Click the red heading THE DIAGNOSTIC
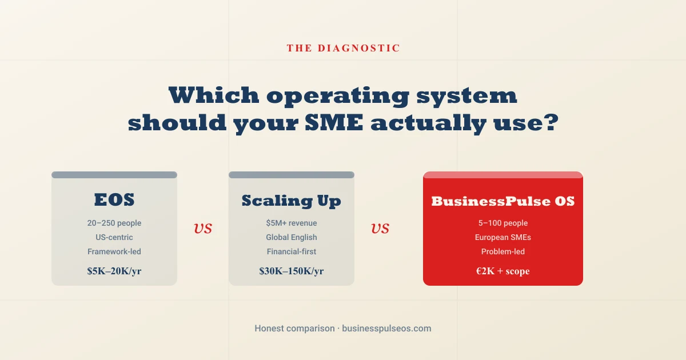click(x=343, y=49)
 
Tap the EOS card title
click(x=114, y=200)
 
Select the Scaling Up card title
click(x=291, y=201)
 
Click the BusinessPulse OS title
click(x=503, y=201)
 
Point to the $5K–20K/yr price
click(x=114, y=271)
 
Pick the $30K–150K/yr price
click(x=291, y=271)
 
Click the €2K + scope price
click(x=503, y=271)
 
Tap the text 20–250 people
click(x=114, y=223)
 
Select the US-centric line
click(x=114, y=237)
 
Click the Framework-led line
click(x=114, y=251)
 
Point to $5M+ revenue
click(x=291, y=223)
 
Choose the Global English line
click(x=291, y=237)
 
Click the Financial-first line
click(x=291, y=251)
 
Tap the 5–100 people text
click(x=503, y=223)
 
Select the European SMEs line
click(x=503, y=237)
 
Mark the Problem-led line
click(x=503, y=251)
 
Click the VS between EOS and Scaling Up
click(x=203, y=229)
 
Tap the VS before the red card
click(x=380, y=229)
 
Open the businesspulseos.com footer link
click(x=386, y=329)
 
